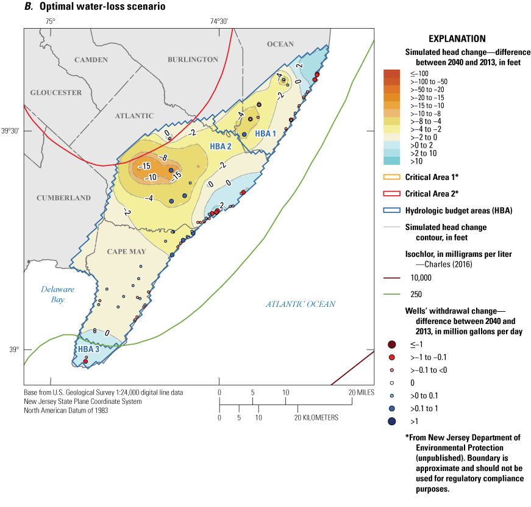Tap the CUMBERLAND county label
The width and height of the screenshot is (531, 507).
[x=63, y=198]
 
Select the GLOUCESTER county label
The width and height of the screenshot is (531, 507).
[x=56, y=92]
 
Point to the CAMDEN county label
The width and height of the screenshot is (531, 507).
[x=91, y=60]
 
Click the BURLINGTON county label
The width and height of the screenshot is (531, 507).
[x=193, y=60]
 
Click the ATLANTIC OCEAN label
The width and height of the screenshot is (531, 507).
[x=301, y=304]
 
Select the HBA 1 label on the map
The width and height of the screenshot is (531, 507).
[x=265, y=134]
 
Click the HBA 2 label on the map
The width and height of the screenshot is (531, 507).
[x=221, y=146]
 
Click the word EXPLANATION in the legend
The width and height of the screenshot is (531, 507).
[x=457, y=38]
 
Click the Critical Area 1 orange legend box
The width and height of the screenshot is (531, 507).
[x=391, y=177]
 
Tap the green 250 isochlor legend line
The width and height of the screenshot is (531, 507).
[x=391, y=292]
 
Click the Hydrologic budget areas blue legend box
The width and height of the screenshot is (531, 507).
[x=391, y=210]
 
